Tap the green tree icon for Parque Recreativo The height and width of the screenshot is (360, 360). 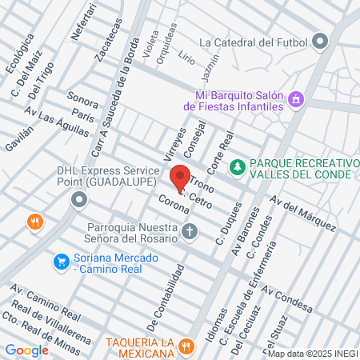coord(237,166)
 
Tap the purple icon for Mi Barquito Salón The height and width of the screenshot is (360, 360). coord(297,99)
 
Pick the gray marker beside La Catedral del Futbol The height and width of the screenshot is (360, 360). coord(321,41)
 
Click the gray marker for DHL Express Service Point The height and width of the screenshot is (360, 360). coord(78,199)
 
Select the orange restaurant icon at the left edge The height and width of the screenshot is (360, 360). coord(34,222)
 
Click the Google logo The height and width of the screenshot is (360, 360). coord(26,350)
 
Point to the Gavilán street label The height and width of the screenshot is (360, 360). coord(19,138)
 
